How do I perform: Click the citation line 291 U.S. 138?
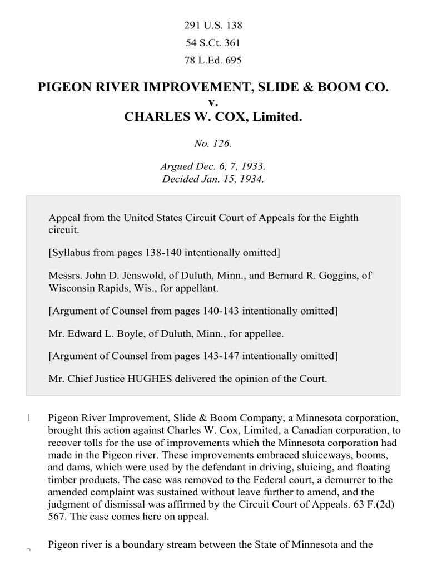(x=213, y=26)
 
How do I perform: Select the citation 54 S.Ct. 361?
(x=213, y=43)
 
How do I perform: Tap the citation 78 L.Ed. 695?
(x=213, y=60)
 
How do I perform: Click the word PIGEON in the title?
(x=63, y=87)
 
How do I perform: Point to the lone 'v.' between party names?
(x=213, y=102)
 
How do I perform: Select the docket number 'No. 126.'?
(x=213, y=144)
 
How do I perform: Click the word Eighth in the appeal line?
(x=346, y=218)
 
